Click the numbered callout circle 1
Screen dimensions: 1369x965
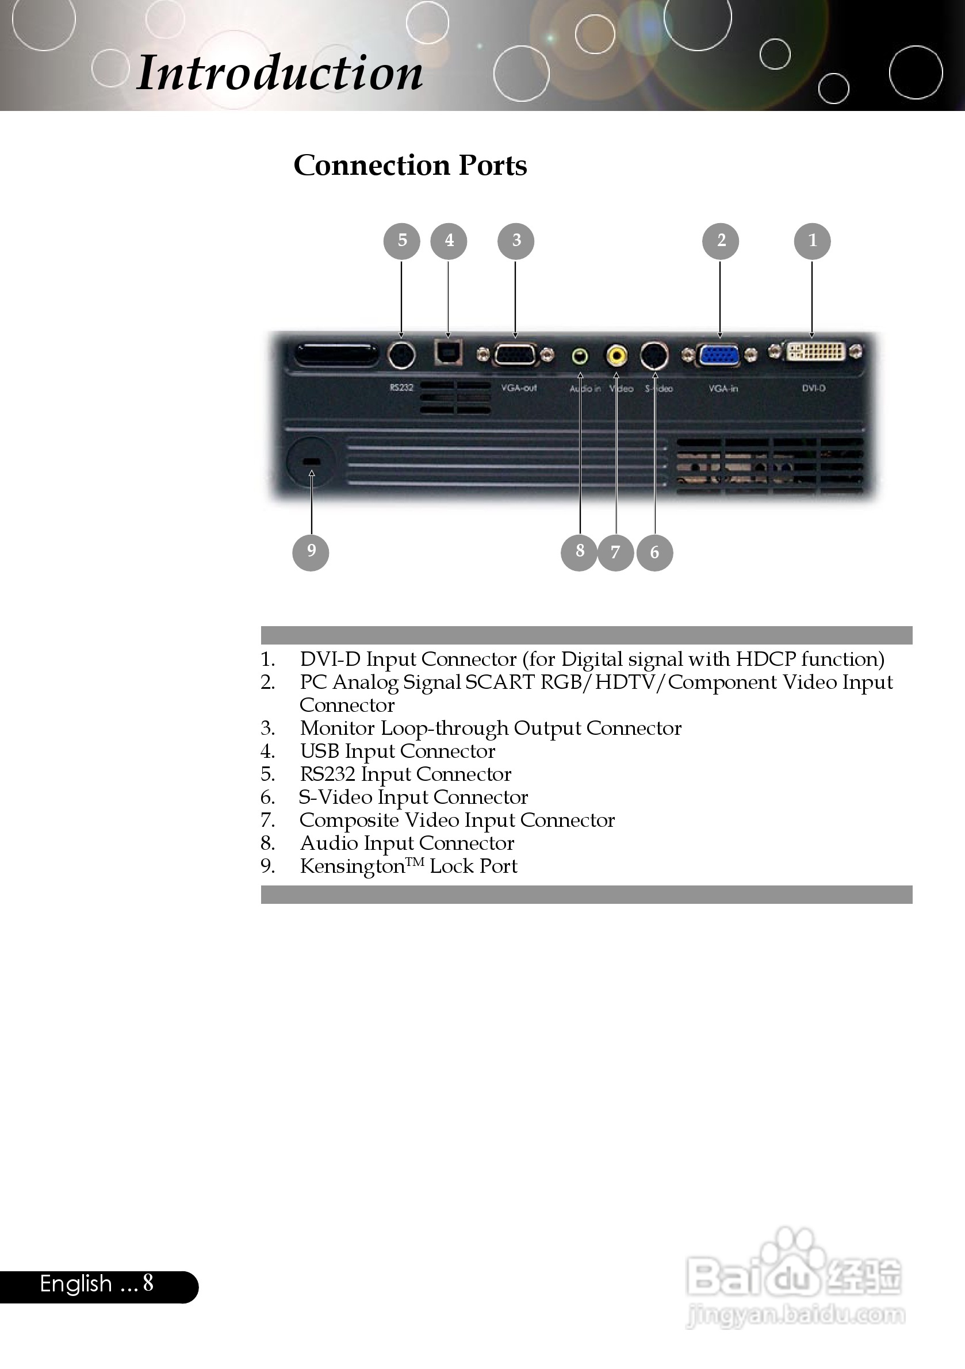811,241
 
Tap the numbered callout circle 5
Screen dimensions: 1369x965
401,241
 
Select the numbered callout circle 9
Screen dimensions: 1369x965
310,552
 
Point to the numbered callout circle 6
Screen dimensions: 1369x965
654,553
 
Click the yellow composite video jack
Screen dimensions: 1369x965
616,356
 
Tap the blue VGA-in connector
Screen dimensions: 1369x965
719,356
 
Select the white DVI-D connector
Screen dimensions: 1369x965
816,352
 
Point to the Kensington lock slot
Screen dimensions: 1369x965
311,462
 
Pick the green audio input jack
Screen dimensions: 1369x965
580,356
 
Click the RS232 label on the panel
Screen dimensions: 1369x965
401,388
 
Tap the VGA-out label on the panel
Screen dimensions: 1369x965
518,388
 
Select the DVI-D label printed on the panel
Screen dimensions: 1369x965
814,388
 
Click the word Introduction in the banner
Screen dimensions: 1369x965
279,74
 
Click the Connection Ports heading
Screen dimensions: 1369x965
411,165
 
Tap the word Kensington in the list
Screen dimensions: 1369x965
352,866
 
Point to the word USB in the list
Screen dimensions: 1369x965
319,751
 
